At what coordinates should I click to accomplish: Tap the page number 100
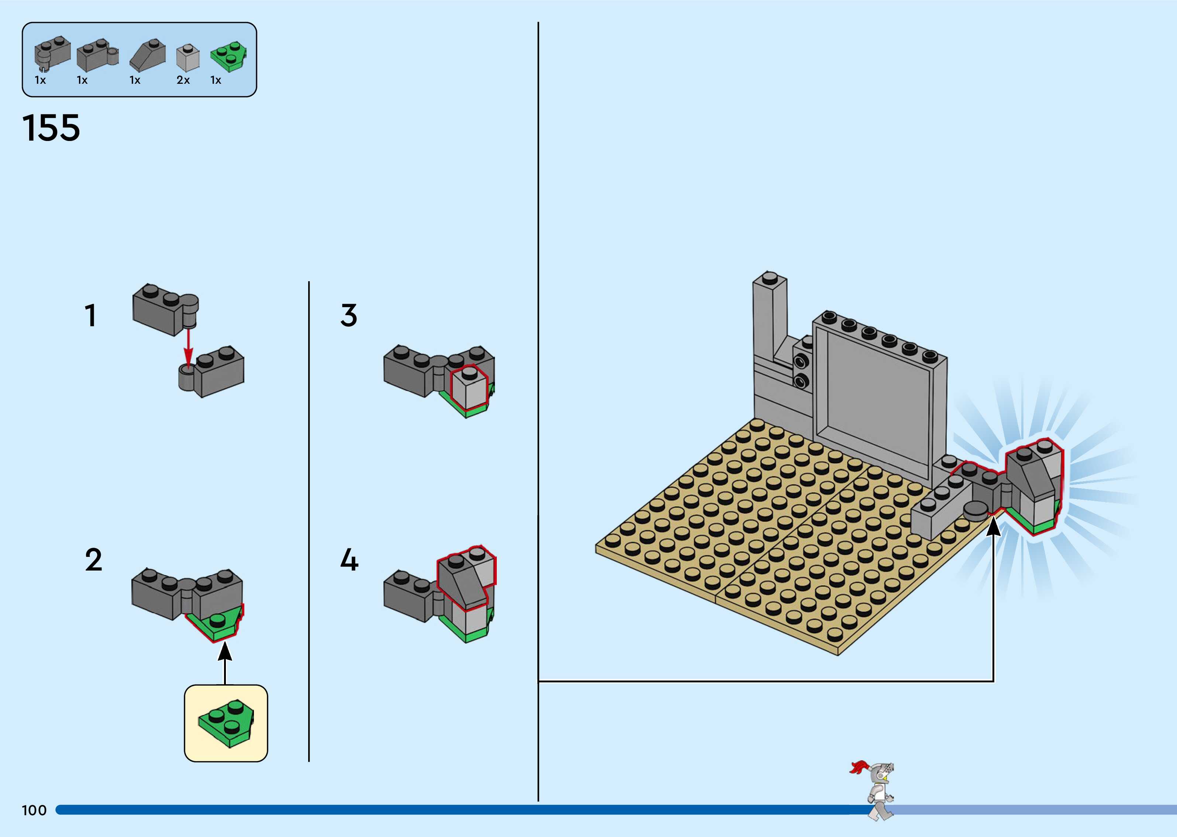34,810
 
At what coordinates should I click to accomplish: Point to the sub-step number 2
93,560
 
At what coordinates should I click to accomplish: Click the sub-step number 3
349,316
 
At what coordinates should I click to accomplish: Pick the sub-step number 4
350,560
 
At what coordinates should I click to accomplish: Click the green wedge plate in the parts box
228,56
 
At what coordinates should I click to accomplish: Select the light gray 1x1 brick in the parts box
187,58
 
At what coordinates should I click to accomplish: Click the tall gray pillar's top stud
770,277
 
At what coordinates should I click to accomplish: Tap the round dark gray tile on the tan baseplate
976,511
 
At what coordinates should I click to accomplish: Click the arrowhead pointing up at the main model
993,527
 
